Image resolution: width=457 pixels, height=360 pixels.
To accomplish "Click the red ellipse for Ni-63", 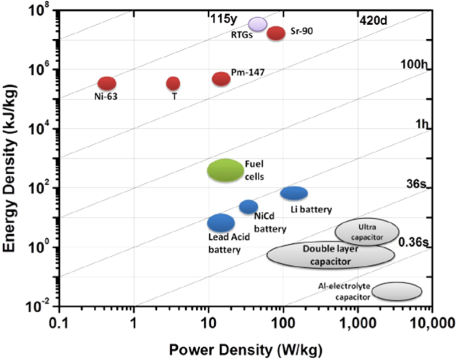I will click(x=106, y=83).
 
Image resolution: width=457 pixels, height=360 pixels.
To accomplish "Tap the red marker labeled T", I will click(x=173, y=83).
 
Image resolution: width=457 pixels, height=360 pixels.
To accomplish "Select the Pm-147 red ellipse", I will click(x=221, y=79).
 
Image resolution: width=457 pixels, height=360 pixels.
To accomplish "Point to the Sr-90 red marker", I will click(x=276, y=33).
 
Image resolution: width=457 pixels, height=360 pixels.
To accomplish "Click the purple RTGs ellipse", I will click(x=257, y=24).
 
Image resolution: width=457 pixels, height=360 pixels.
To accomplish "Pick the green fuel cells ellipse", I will click(x=225, y=171).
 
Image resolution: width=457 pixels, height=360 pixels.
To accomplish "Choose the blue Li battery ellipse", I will click(x=294, y=193).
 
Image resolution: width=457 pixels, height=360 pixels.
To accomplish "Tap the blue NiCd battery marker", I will click(x=249, y=207).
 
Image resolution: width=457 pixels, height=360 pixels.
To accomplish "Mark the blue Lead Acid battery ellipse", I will click(x=221, y=223).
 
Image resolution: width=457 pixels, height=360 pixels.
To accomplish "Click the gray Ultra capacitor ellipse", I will click(x=367, y=231).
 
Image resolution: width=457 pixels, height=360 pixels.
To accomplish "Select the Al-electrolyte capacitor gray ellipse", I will click(x=396, y=291).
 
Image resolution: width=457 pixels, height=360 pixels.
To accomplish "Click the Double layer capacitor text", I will click(x=330, y=255).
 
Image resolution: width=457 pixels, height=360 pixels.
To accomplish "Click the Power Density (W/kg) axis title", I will click(x=246, y=350).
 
